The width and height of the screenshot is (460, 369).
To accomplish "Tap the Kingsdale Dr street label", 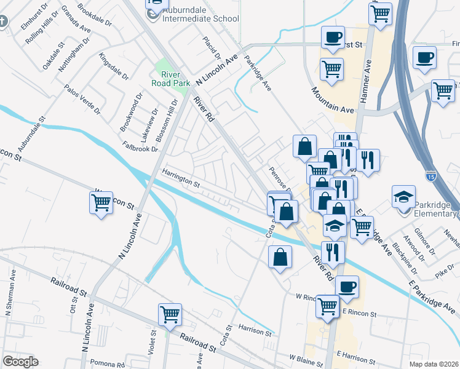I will click(114, 66).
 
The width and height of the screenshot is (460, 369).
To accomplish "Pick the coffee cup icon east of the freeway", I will click(424, 59).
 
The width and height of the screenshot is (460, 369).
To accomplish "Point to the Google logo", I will click(20, 362).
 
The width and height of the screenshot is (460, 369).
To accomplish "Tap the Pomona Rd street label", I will click(108, 363).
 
